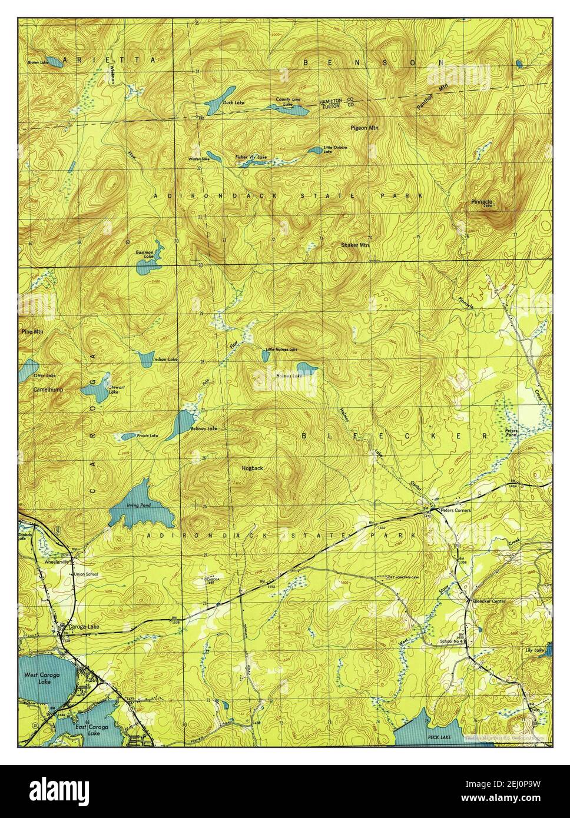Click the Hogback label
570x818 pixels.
[252, 468]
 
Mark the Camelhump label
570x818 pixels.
[48, 390]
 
